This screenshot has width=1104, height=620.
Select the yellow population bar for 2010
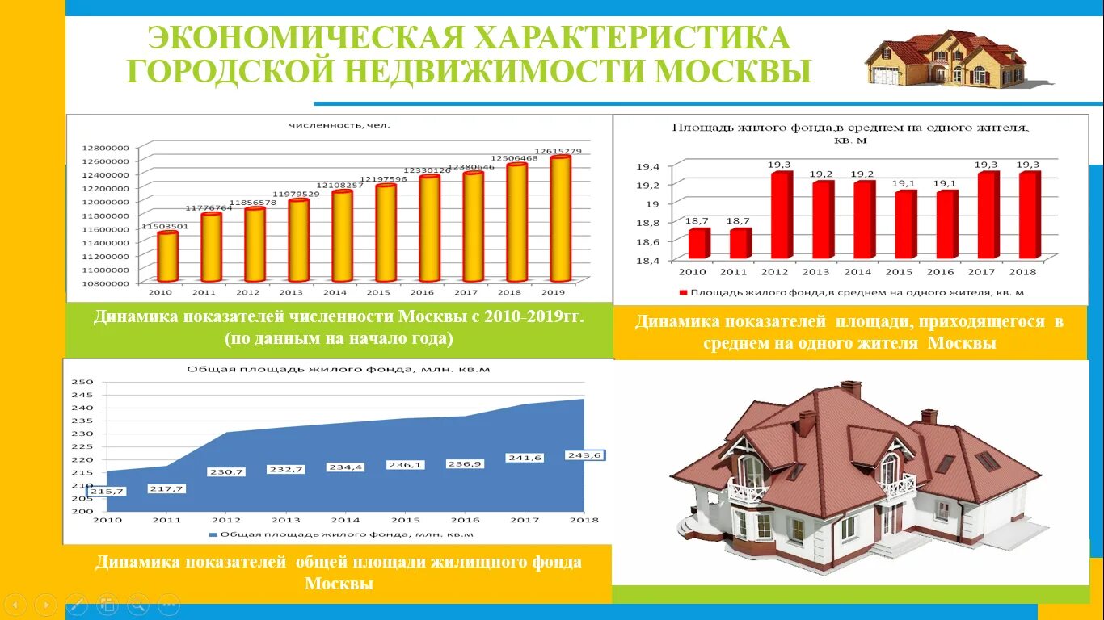167,256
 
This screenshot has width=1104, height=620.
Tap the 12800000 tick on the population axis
105,148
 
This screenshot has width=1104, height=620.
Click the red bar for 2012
781,215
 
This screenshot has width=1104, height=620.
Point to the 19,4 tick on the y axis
648,166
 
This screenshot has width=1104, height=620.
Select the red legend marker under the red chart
683,292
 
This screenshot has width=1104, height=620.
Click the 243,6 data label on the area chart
585,455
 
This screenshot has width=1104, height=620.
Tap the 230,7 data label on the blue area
225,471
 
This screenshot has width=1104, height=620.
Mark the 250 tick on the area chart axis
83,382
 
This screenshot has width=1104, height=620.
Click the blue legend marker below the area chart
213,534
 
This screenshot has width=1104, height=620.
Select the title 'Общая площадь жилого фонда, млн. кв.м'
339,369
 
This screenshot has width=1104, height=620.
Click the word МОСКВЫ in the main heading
732,71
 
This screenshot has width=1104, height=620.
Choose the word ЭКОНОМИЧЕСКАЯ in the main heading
307,37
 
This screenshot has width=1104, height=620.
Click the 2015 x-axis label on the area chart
405,520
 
